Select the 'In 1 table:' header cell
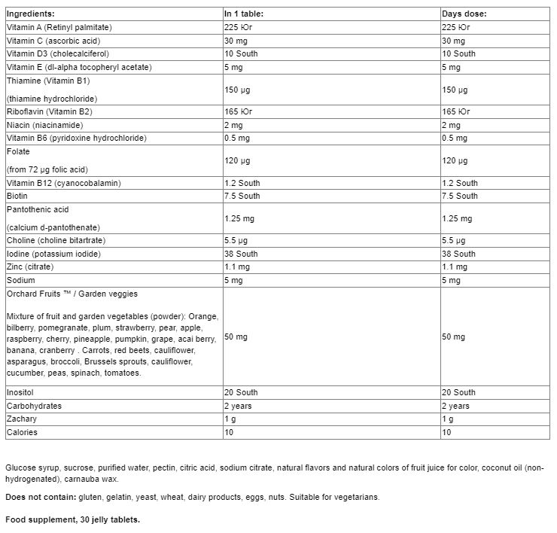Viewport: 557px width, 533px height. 244,14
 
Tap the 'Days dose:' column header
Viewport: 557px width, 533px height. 464,14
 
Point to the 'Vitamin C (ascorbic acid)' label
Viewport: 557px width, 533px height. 53,41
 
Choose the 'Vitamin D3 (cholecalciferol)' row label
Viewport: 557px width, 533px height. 57,54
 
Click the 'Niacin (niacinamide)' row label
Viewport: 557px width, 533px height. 44,125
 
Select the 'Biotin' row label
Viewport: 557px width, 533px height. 17,196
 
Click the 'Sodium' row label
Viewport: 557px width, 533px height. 20,280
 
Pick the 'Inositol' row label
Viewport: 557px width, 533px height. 20,392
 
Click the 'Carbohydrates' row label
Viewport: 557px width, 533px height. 34,406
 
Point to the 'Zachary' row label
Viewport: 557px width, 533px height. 21,419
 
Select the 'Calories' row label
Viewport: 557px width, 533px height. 22,432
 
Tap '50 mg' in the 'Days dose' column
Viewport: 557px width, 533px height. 454,337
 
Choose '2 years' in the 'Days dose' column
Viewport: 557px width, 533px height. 456,406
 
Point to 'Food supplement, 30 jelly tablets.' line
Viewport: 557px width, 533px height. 73,520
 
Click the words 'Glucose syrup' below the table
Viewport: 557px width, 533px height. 31,468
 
